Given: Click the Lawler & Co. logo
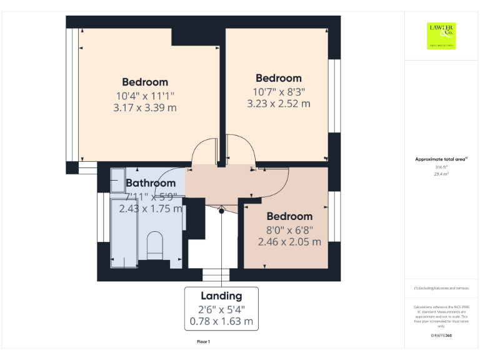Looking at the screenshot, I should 441,35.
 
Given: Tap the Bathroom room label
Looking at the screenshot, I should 151,183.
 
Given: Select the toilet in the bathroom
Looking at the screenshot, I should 154,244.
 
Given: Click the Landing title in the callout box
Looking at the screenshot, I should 221,296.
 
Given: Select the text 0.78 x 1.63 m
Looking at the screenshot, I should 221,322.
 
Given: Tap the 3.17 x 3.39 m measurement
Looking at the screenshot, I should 145,107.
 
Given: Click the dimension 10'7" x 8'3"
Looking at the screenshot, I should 279,91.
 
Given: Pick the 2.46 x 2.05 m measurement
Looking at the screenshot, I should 289,242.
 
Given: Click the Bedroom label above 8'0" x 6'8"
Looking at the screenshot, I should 289,216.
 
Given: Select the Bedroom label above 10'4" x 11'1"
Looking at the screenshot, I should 145,82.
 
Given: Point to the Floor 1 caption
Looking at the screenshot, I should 204,342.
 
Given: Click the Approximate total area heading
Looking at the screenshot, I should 441,159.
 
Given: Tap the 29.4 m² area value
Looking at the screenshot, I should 441,174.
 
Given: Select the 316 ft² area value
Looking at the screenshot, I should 441,167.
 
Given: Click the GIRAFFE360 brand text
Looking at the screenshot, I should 441,336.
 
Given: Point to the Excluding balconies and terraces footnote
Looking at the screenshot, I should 441,288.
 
